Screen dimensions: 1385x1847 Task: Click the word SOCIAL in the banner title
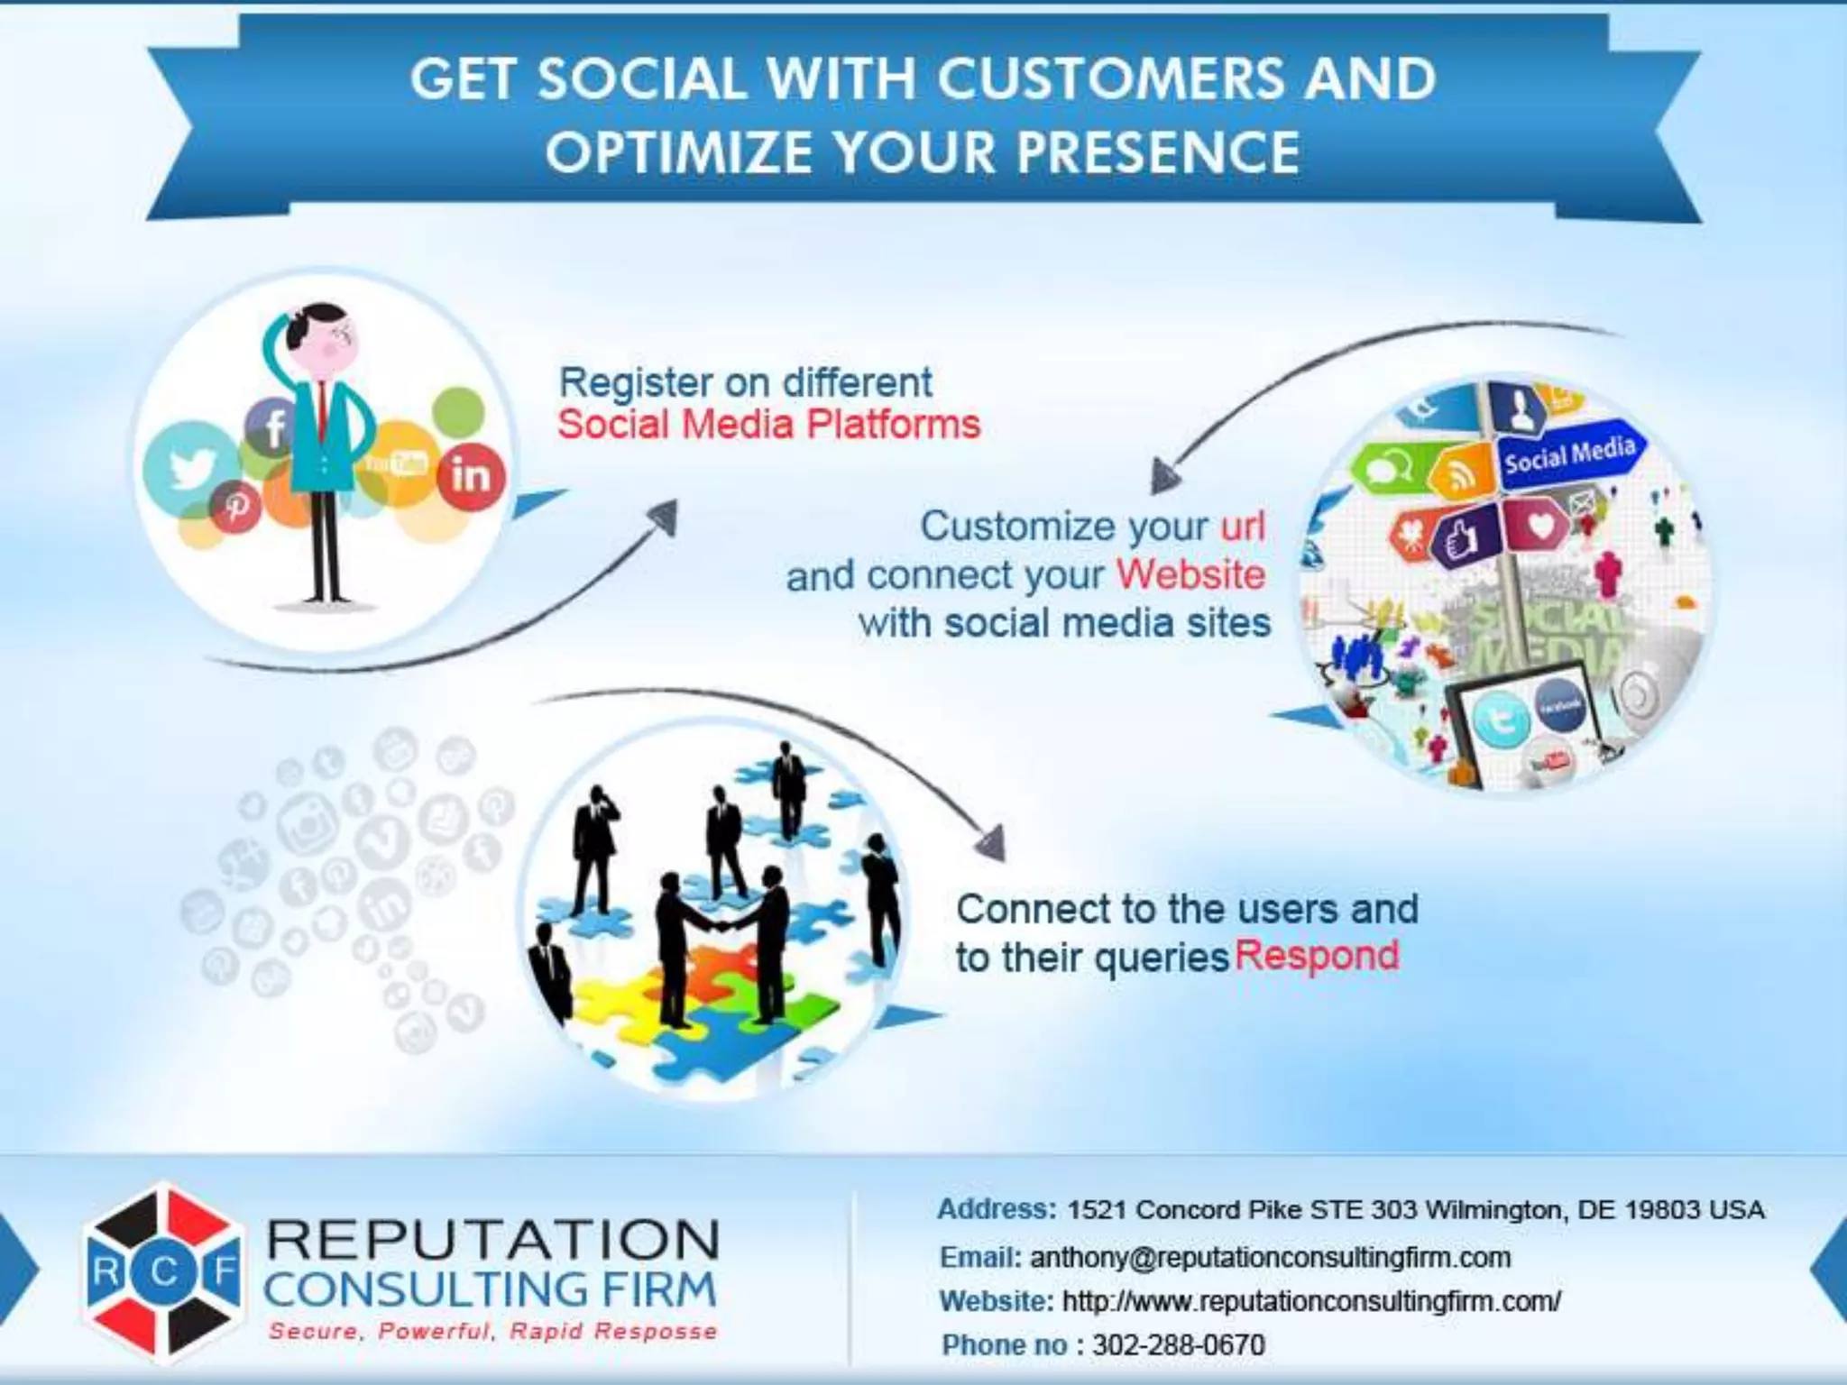641,79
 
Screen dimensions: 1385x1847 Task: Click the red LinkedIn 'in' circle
470,476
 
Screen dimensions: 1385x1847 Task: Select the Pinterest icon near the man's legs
236,507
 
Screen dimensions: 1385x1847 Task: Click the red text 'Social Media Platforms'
768,425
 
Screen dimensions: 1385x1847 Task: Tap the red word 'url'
1243,527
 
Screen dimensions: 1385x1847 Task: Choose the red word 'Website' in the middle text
1190,575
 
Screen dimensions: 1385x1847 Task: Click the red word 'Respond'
1316,956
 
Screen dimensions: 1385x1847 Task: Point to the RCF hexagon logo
163,1271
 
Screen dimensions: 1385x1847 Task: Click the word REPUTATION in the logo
492,1240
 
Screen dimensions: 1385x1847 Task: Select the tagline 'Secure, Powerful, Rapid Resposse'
492,1332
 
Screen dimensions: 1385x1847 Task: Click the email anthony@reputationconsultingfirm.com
1270,1257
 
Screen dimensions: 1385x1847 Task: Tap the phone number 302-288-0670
1178,1344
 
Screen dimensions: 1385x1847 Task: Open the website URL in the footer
1311,1301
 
